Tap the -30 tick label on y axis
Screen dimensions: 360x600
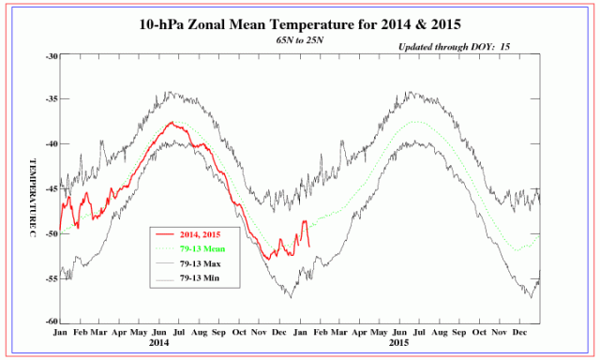click(x=52, y=56)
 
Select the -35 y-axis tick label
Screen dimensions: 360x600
click(x=52, y=99)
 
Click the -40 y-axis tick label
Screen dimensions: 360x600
click(x=52, y=143)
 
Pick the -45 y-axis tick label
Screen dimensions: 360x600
click(x=52, y=187)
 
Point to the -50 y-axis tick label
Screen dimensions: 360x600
click(x=52, y=232)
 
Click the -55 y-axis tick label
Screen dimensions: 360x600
click(x=52, y=278)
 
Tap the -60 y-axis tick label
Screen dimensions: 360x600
click(x=52, y=321)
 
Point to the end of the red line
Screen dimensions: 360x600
click(x=309, y=245)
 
